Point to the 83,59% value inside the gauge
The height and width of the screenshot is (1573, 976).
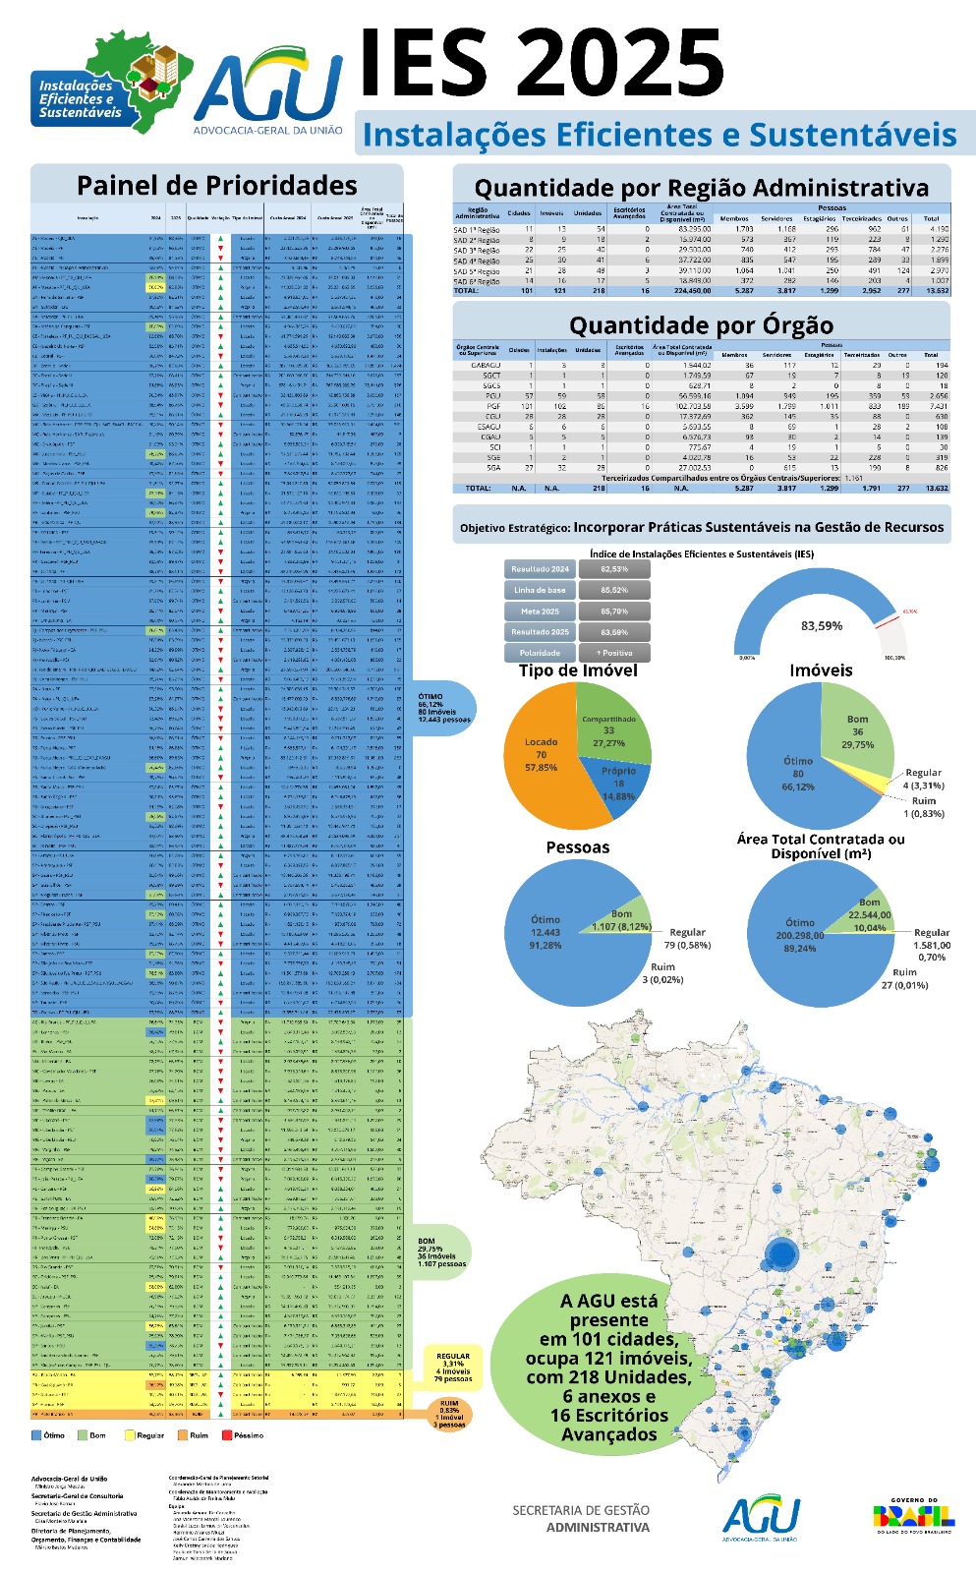tap(821, 626)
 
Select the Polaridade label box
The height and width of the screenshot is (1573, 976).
tap(539, 653)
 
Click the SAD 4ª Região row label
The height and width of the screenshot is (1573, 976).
tap(477, 261)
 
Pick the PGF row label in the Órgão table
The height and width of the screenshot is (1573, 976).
tap(492, 406)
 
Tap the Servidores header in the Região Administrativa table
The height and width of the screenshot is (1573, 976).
tap(776, 219)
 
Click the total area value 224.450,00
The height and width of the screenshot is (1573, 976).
tap(687, 291)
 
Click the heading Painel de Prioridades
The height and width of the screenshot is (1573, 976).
tap(216, 186)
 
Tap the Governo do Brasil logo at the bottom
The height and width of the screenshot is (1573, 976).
tap(913, 1515)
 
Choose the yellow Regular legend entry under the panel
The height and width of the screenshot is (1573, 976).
tap(143, 1435)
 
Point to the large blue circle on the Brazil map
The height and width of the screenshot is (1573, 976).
tap(782, 1253)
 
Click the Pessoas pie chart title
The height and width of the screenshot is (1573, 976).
tap(577, 847)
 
